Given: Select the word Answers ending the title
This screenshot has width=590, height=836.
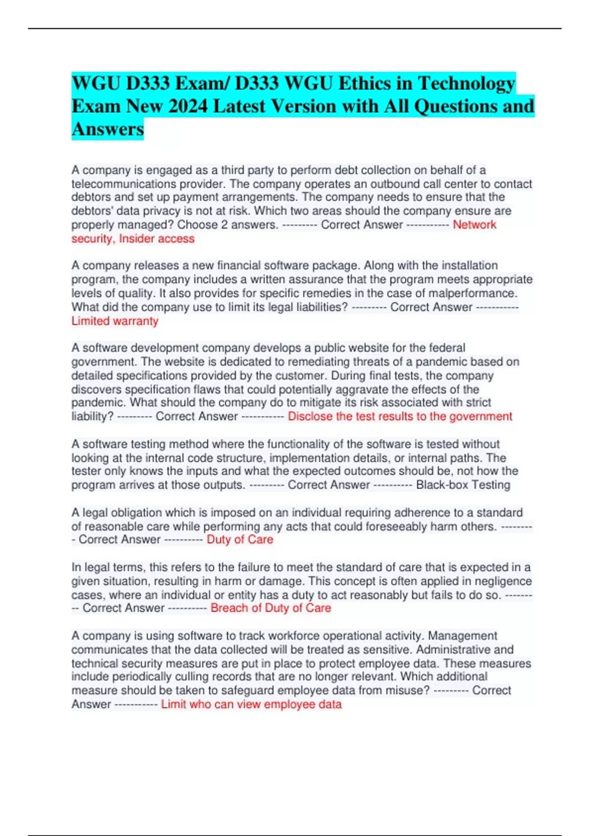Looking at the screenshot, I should click(x=108, y=129).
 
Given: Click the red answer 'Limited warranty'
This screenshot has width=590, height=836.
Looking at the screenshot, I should click(x=115, y=321).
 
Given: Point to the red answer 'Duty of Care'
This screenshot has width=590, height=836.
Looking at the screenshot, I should click(x=240, y=539).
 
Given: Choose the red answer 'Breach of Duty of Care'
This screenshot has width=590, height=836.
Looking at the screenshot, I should click(x=271, y=608).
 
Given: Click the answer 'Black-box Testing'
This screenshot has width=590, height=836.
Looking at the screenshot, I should click(x=463, y=485).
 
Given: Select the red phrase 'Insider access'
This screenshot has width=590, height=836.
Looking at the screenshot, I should click(x=157, y=239).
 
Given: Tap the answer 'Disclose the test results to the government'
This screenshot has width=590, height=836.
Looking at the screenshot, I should click(x=400, y=417).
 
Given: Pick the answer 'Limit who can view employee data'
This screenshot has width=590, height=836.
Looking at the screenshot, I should click(x=251, y=704).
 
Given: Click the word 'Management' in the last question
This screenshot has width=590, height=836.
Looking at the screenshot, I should click(x=463, y=636).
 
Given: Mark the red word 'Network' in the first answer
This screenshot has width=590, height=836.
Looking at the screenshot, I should click(x=474, y=225).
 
